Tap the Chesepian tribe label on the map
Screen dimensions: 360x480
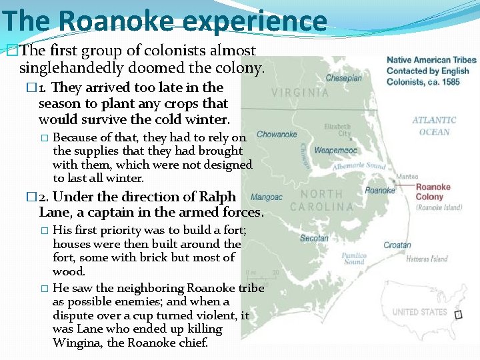point(343,78)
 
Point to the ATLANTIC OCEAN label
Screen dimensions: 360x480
point(434,126)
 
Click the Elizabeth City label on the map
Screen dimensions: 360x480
point(337,131)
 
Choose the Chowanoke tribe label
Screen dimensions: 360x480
point(277,134)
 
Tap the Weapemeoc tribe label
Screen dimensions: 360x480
point(335,151)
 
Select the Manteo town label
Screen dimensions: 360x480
point(407,177)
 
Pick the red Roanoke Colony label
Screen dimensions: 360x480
point(433,192)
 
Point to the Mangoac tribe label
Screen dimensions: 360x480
point(267,197)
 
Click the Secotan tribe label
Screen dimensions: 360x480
point(314,238)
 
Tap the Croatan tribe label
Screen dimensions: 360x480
point(397,245)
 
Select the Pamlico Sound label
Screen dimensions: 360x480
point(354,259)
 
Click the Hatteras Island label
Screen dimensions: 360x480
point(427,259)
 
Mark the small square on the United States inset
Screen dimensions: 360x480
point(458,314)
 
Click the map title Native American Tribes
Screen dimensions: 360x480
point(431,60)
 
